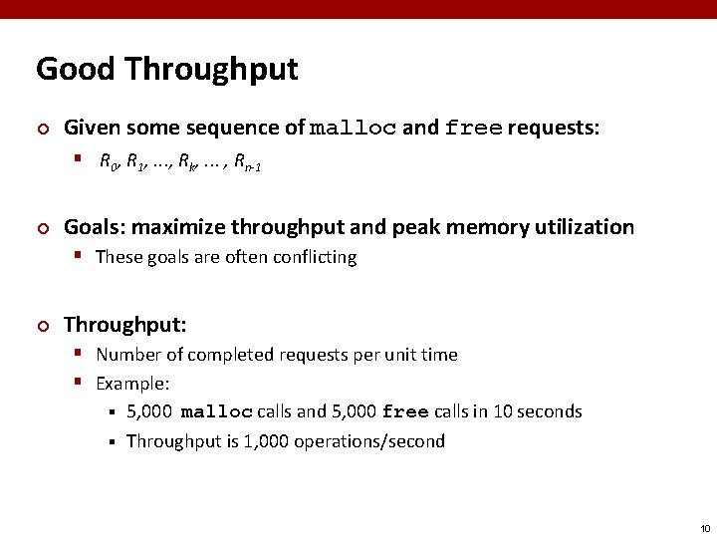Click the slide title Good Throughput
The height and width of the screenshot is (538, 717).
[167, 69]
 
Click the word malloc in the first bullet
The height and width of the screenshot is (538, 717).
[354, 128]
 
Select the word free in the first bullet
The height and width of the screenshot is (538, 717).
[473, 128]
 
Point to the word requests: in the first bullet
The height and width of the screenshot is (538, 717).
[554, 128]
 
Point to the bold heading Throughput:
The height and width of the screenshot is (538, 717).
[125, 324]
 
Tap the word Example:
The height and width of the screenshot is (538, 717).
[132, 383]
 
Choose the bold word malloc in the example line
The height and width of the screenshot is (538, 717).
[217, 412]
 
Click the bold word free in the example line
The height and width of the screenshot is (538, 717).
[404, 412]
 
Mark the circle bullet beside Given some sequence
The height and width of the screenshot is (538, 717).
[42, 129]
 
